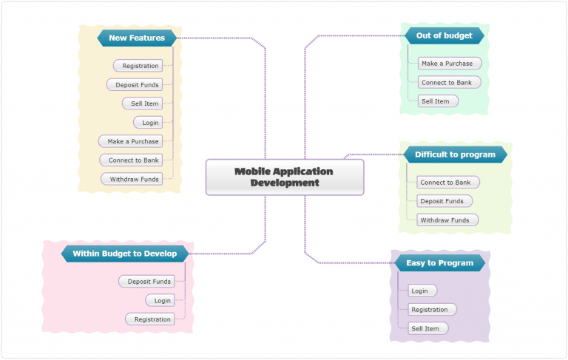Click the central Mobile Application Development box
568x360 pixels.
[284, 177]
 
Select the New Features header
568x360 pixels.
[137, 38]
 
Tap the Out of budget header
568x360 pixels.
[444, 35]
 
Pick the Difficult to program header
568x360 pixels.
[455, 154]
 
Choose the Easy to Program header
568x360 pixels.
[439, 262]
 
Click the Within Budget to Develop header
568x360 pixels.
[124, 254]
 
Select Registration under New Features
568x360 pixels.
[138, 66]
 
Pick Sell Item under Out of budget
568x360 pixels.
[437, 101]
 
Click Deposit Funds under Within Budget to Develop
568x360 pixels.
[146, 281]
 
